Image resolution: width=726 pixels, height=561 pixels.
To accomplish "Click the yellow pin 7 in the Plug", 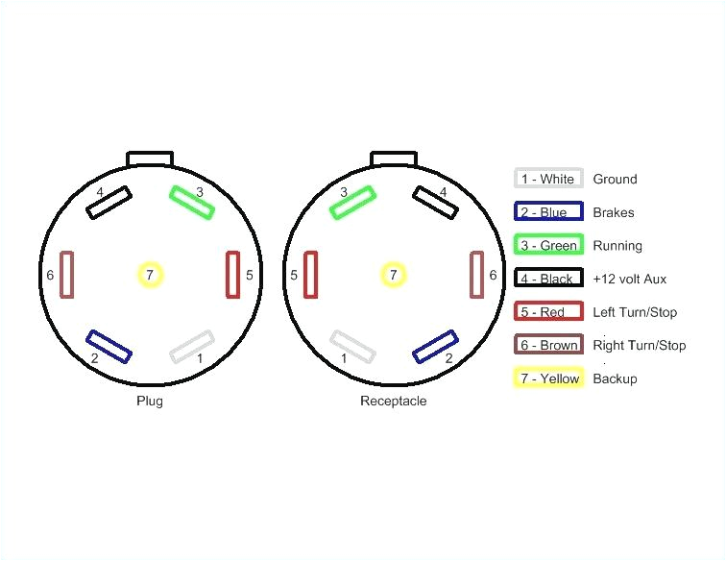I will tap(149, 276).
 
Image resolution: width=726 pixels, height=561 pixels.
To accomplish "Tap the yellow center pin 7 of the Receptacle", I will tap(393, 276).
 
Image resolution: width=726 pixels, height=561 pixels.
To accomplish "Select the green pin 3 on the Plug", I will tap(193, 203).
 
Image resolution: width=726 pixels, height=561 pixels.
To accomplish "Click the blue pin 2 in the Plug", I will tap(109, 347).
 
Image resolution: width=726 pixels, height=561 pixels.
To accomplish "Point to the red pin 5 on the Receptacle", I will tap(311, 275).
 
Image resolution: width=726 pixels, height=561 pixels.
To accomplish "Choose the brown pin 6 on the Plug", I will tap(67, 275).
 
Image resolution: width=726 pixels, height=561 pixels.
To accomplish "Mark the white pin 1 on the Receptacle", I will tap(351, 347).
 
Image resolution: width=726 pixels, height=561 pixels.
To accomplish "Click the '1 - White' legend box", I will tap(547, 179).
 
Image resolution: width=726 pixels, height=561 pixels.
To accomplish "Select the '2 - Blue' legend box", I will tap(547, 212).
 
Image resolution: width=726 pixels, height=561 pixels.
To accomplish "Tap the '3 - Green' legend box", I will tap(548, 245).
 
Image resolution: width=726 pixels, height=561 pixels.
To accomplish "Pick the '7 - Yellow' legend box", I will tap(548, 378).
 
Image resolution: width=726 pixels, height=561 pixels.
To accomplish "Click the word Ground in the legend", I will tap(615, 179).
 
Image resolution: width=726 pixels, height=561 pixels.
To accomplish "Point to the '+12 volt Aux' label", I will tap(630, 279).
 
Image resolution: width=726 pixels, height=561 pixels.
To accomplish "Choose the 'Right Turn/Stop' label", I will tap(640, 345).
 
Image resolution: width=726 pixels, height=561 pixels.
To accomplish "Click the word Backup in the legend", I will tap(615, 378).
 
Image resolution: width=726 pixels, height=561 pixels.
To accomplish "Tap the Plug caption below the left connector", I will tap(149, 401).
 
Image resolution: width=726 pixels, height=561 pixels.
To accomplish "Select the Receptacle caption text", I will tap(393, 401).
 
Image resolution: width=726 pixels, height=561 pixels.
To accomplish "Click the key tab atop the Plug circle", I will tap(151, 159).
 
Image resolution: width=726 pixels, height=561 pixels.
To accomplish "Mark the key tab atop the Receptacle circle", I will tap(394, 159).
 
